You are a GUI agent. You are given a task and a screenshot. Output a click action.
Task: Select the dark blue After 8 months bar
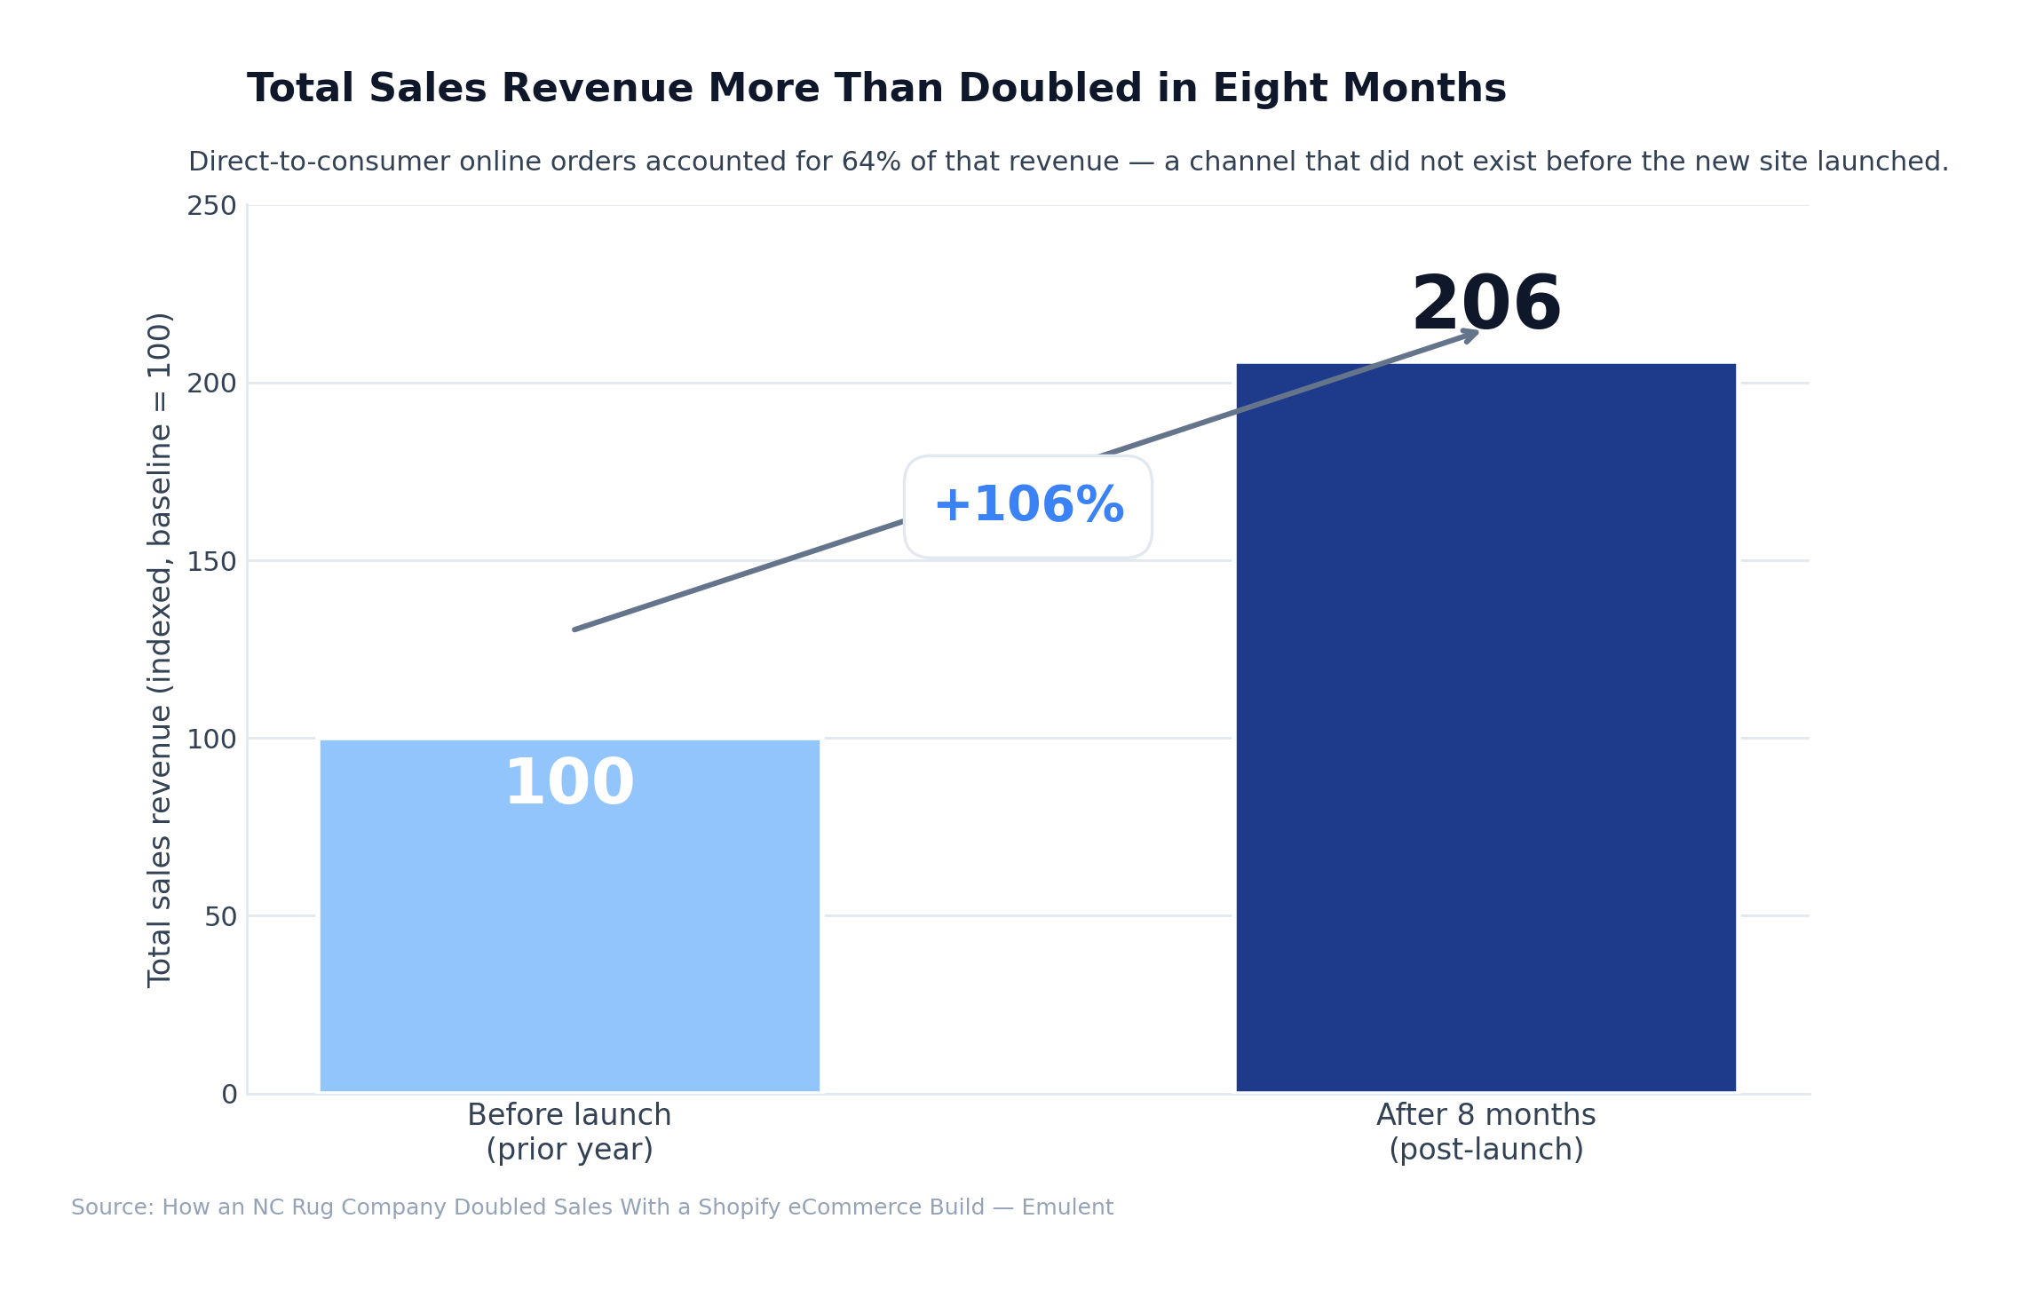click(1485, 728)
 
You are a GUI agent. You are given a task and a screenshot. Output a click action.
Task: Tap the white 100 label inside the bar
click(569, 784)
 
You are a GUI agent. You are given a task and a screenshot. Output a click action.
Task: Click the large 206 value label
click(1485, 305)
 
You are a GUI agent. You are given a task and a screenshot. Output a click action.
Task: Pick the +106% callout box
click(1028, 507)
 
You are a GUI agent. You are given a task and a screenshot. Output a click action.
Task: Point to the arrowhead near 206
click(1469, 334)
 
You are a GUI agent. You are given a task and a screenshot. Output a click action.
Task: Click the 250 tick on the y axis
click(211, 206)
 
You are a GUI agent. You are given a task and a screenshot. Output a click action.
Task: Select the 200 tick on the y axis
click(211, 384)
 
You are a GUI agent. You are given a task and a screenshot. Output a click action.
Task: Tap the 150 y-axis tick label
click(211, 561)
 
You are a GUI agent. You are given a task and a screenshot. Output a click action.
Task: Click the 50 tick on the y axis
click(220, 916)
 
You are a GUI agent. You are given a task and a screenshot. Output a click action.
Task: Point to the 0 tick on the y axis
click(229, 1094)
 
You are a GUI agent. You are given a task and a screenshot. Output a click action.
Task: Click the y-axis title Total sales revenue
click(160, 649)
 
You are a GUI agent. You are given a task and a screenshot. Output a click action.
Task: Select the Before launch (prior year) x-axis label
click(569, 1132)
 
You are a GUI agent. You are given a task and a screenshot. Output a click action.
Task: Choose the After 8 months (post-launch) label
click(1485, 1132)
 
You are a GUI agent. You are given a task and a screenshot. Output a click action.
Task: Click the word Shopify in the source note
click(734, 1207)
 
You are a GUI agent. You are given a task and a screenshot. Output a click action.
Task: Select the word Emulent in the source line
click(1067, 1207)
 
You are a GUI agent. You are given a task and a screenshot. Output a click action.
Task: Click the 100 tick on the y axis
click(211, 739)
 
